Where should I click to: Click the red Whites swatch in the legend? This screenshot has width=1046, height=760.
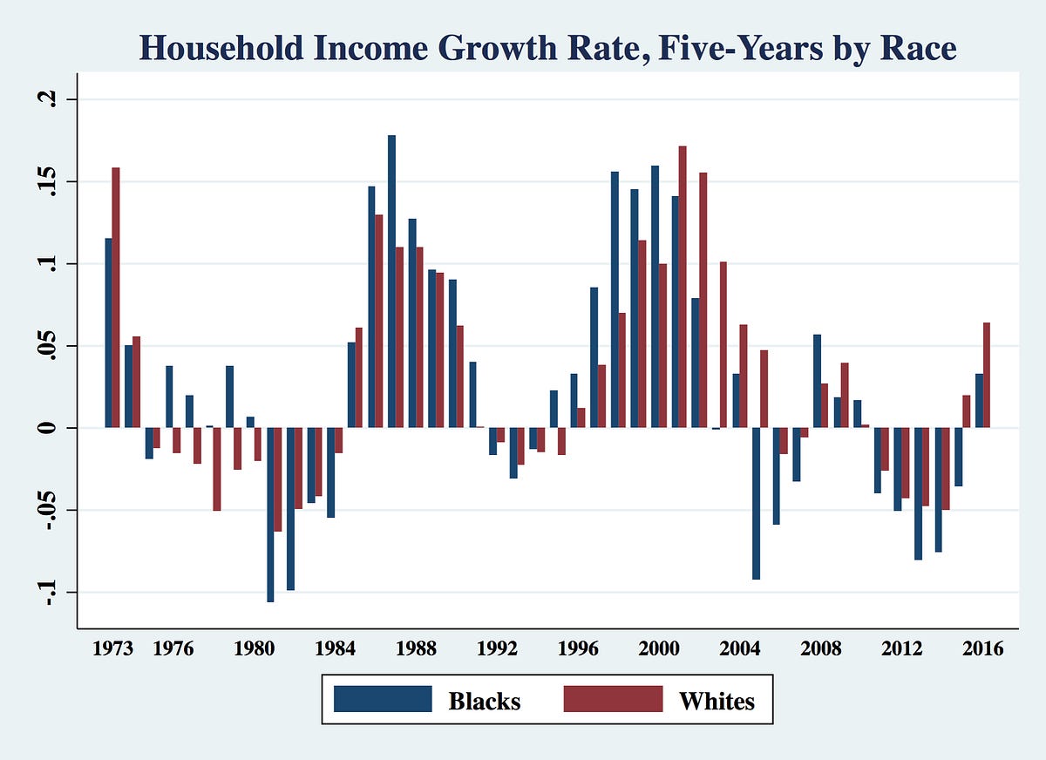pos(612,699)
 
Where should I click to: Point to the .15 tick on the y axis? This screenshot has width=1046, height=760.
pos(47,181)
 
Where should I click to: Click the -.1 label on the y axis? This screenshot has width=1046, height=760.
pos(47,594)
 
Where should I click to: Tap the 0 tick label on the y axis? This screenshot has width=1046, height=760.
pos(47,428)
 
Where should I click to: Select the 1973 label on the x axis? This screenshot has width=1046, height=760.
pos(112,650)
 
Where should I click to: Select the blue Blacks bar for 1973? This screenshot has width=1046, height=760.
pos(109,333)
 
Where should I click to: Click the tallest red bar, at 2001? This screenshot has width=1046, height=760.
pos(683,288)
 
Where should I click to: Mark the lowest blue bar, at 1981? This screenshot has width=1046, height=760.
pos(270,514)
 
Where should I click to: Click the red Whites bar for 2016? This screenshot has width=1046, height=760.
pos(987,375)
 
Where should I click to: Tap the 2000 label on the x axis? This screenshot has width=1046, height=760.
pos(655,650)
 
